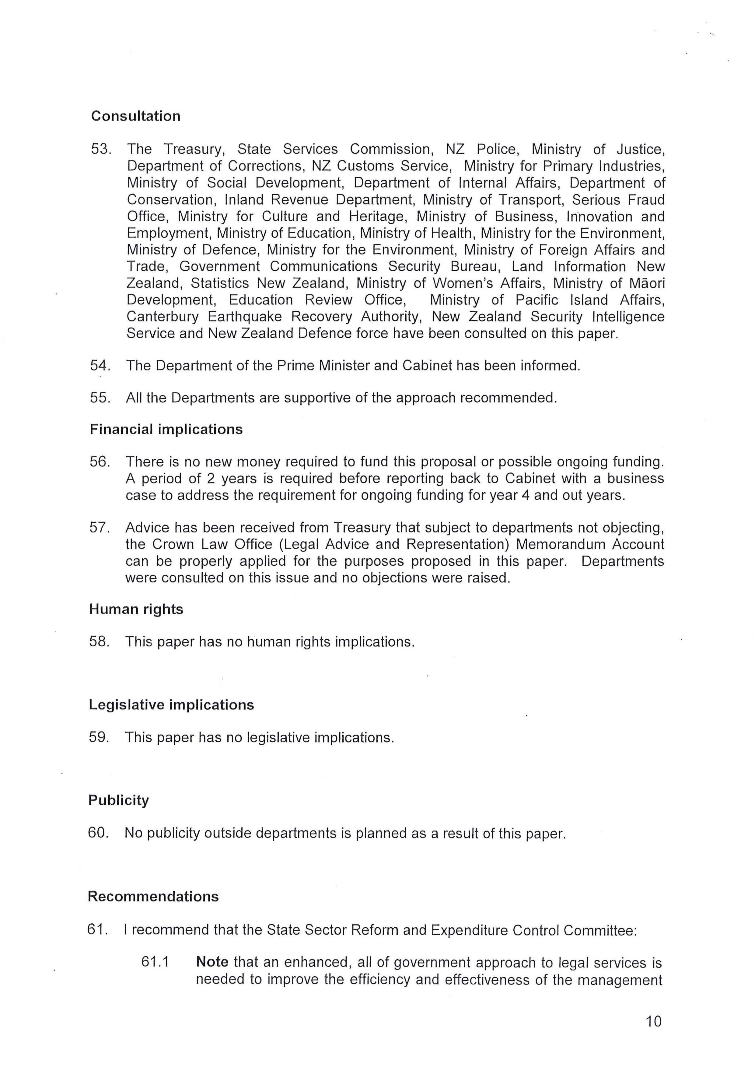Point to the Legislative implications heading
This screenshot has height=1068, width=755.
click(x=171, y=705)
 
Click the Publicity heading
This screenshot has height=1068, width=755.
click(x=119, y=800)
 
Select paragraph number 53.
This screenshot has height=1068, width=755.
click(x=100, y=149)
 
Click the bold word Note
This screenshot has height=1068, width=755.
click(x=212, y=962)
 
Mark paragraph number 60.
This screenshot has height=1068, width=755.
click(x=98, y=833)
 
